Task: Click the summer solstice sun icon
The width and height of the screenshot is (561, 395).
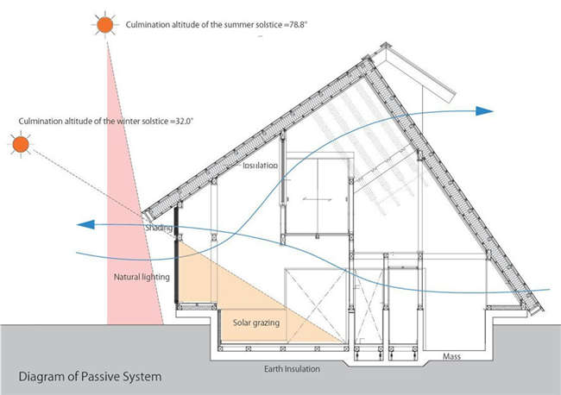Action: (x=104, y=24)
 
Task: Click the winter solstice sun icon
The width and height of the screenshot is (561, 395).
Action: (x=21, y=144)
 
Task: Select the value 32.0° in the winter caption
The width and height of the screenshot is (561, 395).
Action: (x=184, y=122)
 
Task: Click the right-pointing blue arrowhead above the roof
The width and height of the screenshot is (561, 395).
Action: (x=484, y=110)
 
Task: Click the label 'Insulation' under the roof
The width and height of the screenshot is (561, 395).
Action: (x=260, y=165)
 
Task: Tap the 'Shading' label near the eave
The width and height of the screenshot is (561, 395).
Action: (x=159, y=228)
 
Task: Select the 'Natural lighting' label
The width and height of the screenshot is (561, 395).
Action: (x=142, y=277)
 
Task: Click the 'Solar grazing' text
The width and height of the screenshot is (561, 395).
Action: (x=256, y=323)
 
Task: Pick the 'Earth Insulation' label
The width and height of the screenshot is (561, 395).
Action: (x=292, y=369)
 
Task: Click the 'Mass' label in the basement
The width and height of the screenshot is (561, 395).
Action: (x=451, y=356)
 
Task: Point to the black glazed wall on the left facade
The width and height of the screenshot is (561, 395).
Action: (x=176, y=255)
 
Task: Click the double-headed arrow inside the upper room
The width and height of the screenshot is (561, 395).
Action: (x=317, y=199)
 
